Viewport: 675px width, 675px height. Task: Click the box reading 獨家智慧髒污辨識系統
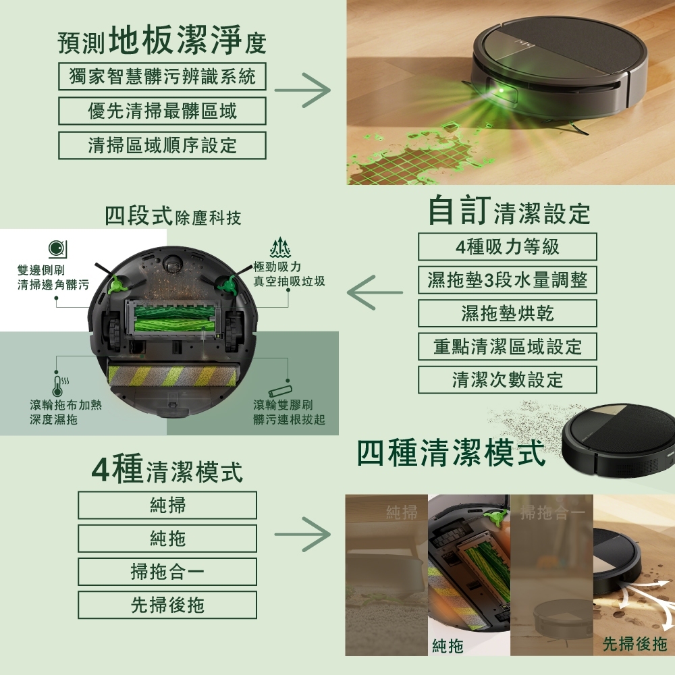(x=162, y=76)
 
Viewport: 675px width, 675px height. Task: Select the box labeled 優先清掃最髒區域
(x=162, y=111)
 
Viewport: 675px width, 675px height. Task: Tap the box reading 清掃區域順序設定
(x=162, y=145)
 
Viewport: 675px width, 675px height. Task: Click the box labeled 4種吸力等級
(x=508, y=246)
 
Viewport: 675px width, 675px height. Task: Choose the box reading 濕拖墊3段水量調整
(x=508, y=280)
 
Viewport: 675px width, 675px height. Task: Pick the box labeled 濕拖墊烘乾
(x=508, y=313)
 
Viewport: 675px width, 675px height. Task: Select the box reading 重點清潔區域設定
(x=508, y=346)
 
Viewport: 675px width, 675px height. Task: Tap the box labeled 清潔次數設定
(x=508, y=379)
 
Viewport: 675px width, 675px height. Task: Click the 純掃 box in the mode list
(x=167, y=505)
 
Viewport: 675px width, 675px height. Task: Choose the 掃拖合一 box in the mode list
(x=167, y=572)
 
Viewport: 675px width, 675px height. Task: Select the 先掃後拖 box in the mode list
(x=167, y=605)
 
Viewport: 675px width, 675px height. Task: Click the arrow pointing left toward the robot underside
(x=375, y=293)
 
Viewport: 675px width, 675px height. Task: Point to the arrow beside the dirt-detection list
(x=302, y=90)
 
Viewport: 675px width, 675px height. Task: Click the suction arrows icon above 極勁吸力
(x=280, y=248)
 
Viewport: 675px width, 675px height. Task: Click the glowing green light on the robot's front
(x=501, y=91)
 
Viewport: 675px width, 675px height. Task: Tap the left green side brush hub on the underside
(x=116, y=284)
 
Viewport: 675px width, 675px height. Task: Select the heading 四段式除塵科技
(x=173, y=216)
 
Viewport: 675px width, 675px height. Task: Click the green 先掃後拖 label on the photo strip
(x=634, y=644)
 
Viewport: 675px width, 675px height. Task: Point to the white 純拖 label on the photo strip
(x=448, y=646)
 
